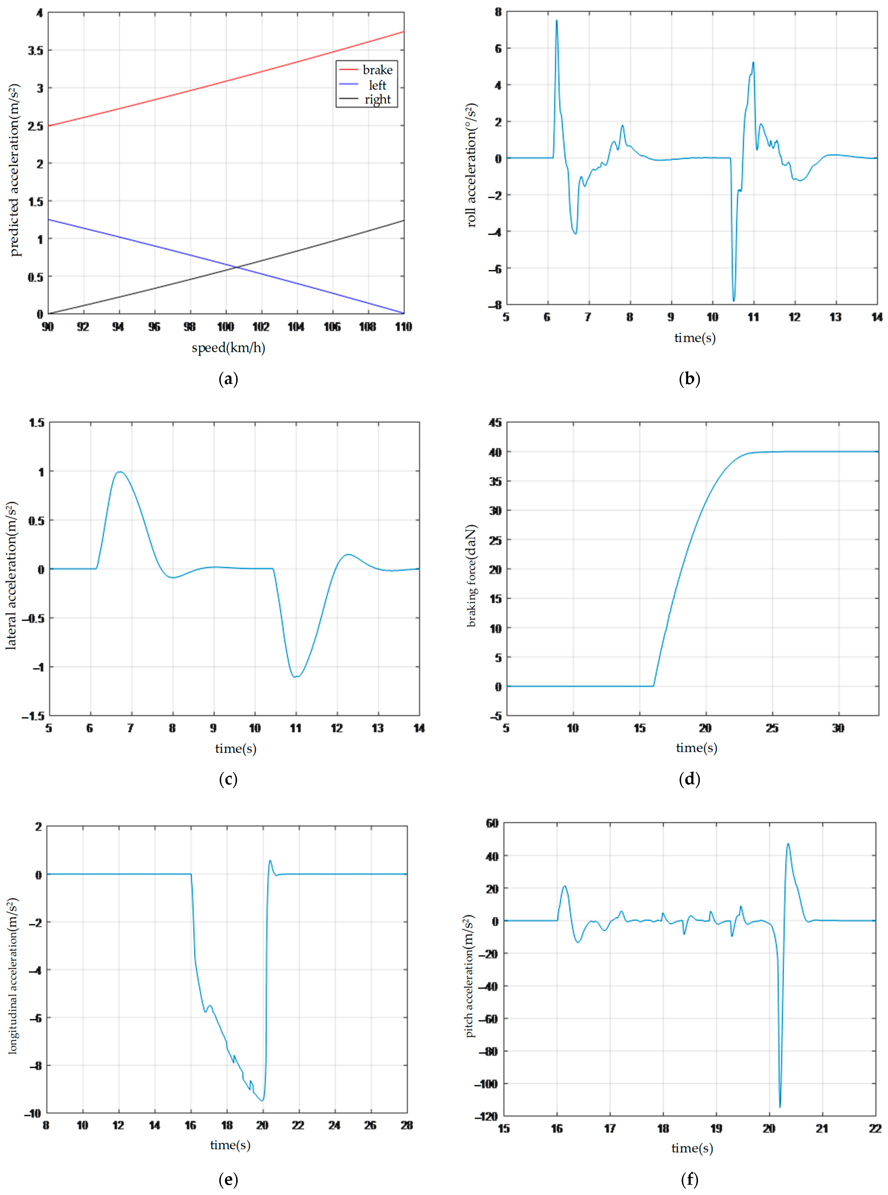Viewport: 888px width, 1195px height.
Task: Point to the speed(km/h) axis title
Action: (x=228, y=348)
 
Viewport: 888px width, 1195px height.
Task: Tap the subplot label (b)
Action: (x=690, y=379)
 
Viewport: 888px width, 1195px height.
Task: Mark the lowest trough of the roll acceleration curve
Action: (x=734, y=300)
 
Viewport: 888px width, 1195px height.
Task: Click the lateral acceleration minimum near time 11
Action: (x=295, y=677)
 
